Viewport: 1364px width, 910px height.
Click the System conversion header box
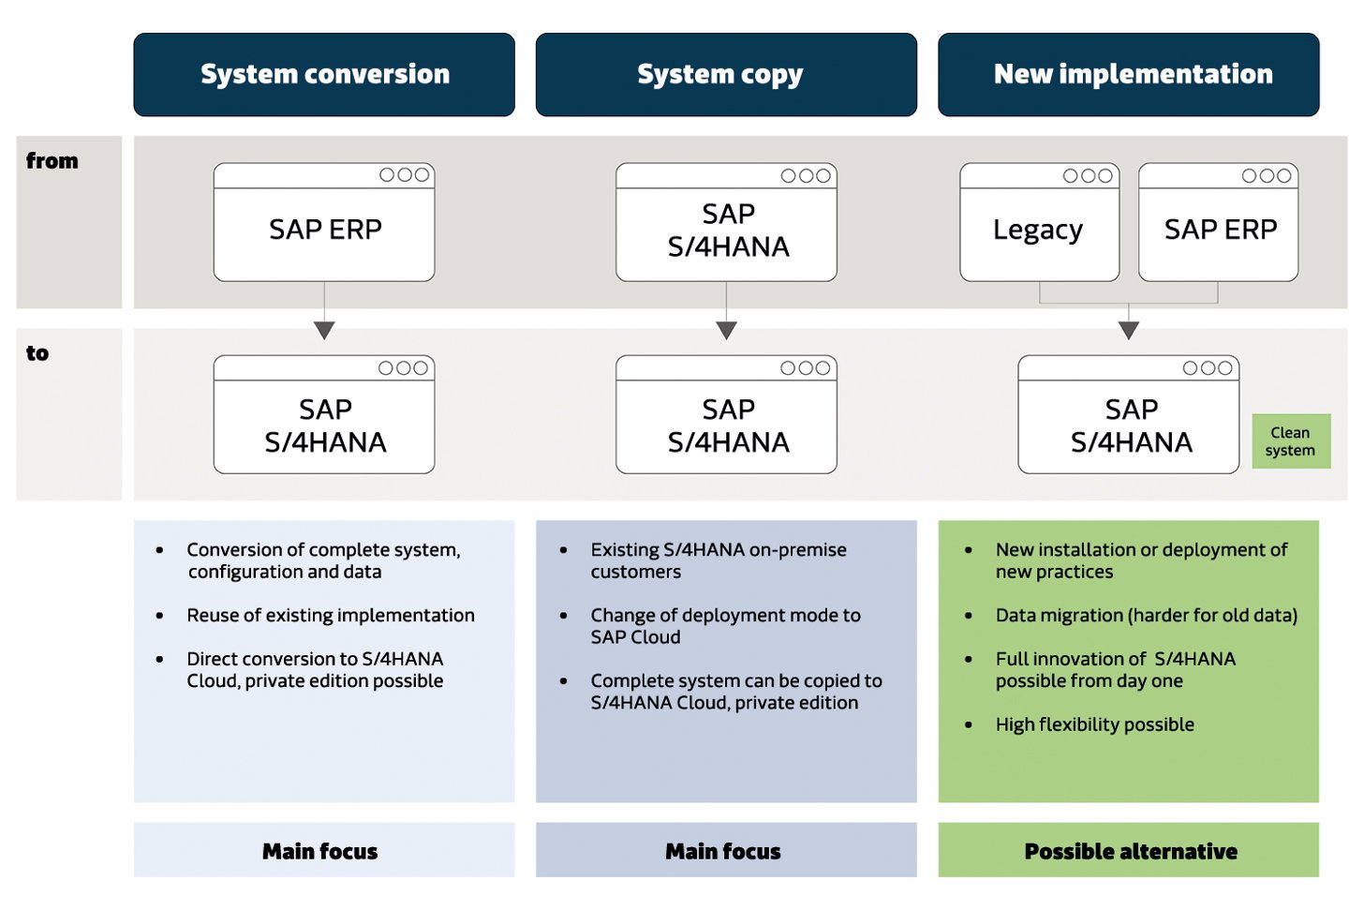tap(324, 75)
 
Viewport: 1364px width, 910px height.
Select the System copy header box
tap(726, 75)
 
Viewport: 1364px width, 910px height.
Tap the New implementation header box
tap(1128, 75)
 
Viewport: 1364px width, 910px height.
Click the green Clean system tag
tap(1290, 441)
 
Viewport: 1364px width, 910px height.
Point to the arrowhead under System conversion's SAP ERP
tap(324, 330)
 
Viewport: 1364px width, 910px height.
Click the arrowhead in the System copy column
tap(726, 330)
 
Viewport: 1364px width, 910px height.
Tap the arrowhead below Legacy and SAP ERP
tap(1128, 330)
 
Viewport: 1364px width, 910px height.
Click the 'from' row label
tap(52, 161)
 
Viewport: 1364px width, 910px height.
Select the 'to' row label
tap(37, 353)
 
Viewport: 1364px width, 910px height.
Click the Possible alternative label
tap(1130, 851)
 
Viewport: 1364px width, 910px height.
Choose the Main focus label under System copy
tap(723, 851)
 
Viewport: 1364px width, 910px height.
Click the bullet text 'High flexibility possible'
tap(1094, 724)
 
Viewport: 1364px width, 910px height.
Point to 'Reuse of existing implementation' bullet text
tap(330, 615)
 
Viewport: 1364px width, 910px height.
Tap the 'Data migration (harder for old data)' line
tap(1146, 615)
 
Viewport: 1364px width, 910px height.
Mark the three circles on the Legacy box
tap(1088, 175)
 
